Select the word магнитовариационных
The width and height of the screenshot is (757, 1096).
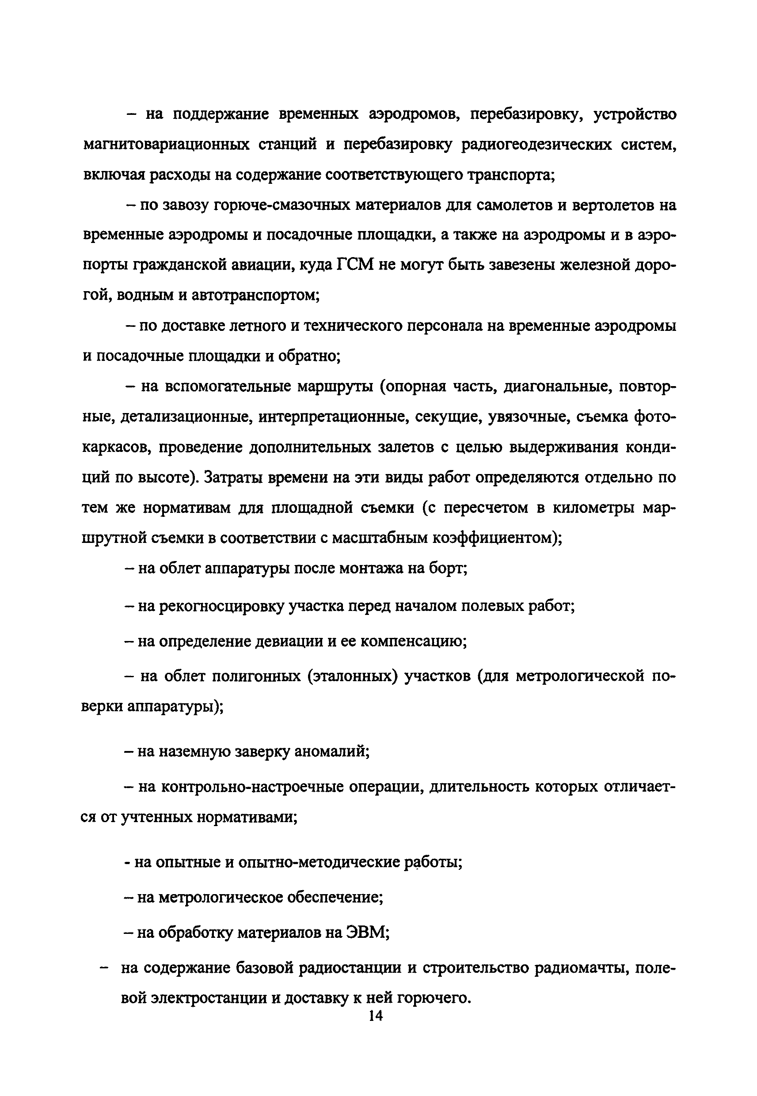click(x=166, y=144)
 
